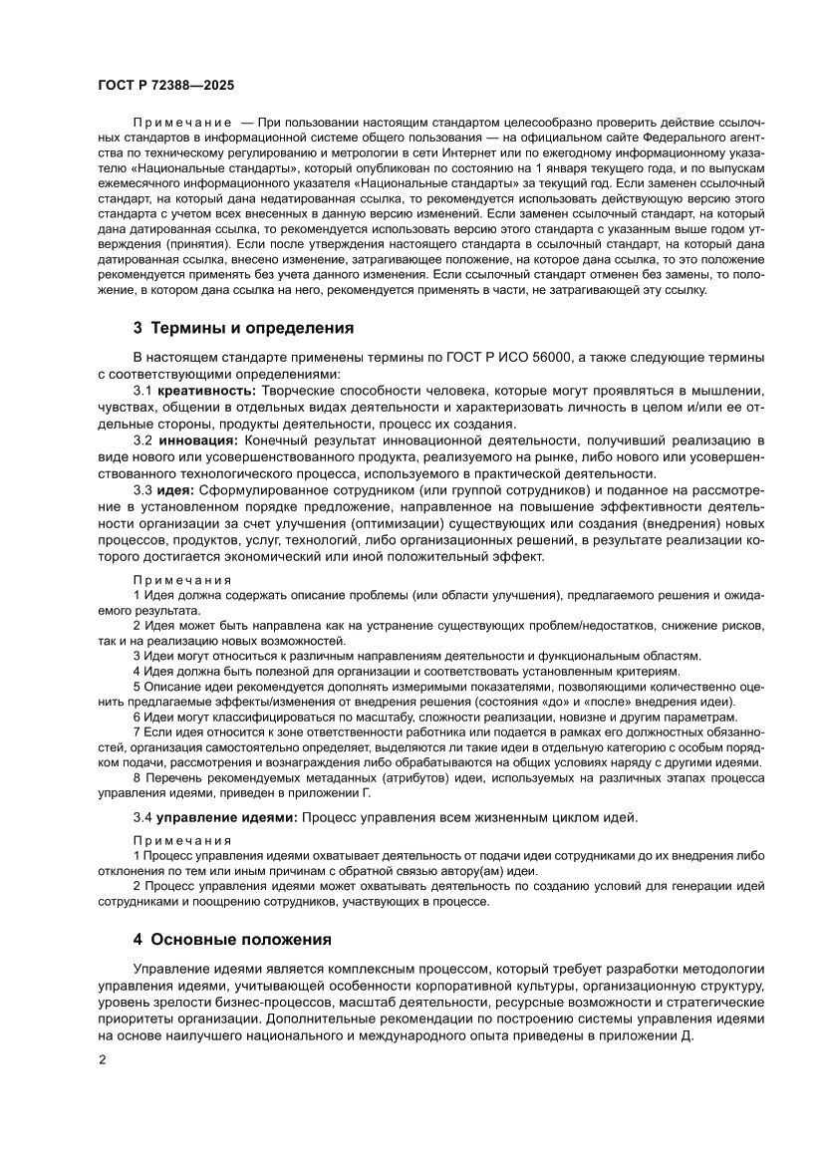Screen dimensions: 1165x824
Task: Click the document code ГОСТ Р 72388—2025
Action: coord(165,86)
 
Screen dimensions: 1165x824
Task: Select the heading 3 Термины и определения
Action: coord(243,328)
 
